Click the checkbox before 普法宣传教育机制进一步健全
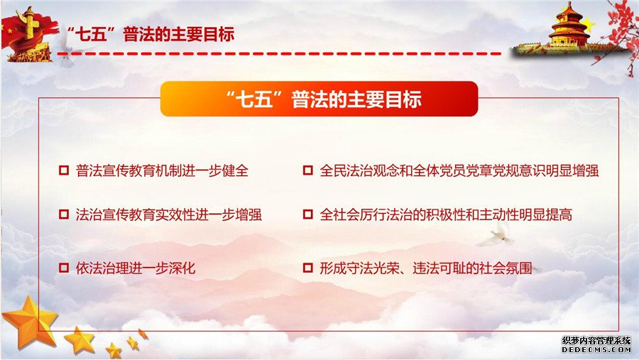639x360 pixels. tap(64, 170)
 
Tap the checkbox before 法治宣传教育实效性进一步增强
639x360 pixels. tap(64, 214)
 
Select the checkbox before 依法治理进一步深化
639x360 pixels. tap(64, 268)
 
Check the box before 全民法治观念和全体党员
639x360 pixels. tap(307, 170)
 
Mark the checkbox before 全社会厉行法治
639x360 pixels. tap(307, 214)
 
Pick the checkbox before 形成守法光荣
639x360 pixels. tap(307, 268)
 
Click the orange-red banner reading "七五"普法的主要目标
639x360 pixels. tap(319, 99)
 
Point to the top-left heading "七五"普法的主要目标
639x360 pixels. tap(150, 34)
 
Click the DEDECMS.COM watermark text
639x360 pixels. tap(596, 349)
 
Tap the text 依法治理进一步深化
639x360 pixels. tap(136, 268)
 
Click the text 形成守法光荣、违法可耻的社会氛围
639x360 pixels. tap(426, 268)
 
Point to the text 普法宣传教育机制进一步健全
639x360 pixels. tap(162, 170)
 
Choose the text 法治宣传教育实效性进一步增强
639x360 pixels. tap(168, 214)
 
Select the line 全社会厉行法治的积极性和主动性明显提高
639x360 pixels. tap(446, 214)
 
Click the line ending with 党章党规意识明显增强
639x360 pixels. tap(459, 170)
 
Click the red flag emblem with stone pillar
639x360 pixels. tap(27, 35)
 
